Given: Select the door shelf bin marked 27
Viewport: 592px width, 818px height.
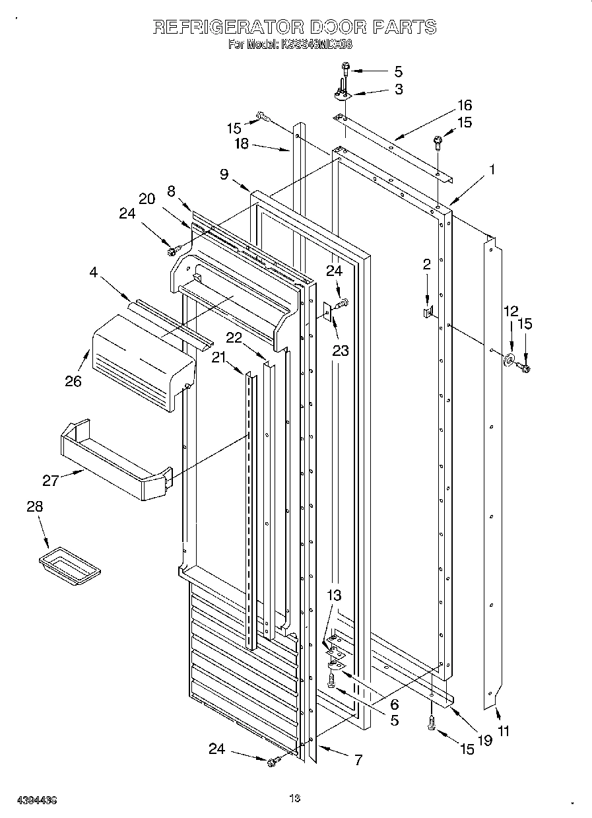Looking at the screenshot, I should point(115,459).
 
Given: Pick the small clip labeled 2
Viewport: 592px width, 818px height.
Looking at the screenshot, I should point(427,309).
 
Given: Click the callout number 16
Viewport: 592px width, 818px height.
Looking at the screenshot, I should point(465,106).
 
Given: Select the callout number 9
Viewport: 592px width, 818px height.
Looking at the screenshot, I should point(224,174).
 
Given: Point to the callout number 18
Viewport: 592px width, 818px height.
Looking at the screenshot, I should point(242,144).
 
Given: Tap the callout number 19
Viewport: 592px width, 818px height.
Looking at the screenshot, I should point(485,741).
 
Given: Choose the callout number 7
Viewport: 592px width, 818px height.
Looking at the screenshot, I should point(358,760).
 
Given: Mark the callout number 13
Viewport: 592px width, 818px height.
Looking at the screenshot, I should point(334,596).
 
